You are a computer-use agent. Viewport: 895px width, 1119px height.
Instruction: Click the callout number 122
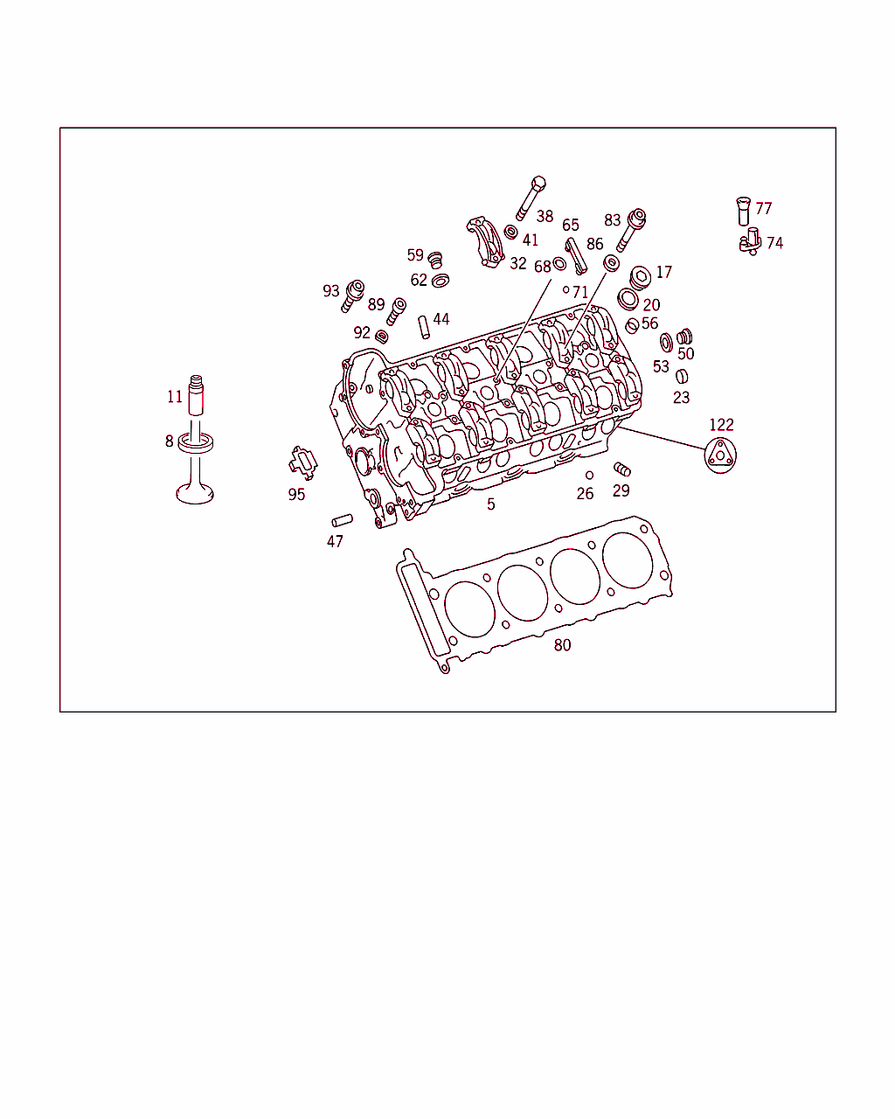point(721,425)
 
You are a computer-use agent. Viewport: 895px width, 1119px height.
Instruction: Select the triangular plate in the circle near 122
point(720,455)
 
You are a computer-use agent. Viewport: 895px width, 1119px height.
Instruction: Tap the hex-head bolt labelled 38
point(531,198)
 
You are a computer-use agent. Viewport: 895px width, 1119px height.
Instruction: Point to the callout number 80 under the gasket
point(562,645)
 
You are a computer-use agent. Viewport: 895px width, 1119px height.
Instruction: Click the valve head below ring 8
point(195,493)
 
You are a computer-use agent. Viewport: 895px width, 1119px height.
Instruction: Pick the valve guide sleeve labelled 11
point(196,395)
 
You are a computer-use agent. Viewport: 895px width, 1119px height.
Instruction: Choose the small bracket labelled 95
point(303,462)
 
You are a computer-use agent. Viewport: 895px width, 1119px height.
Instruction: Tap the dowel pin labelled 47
point(343,520)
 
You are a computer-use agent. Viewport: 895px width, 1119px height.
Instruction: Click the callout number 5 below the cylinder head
point(491,504)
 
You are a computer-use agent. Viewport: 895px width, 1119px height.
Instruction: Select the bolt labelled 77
point(744,211)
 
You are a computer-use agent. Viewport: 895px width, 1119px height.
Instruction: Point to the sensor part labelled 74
point(751,242)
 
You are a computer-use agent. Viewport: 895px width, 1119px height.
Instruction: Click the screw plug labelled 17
point(640,278)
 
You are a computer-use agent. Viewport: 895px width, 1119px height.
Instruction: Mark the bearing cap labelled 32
point(485,242)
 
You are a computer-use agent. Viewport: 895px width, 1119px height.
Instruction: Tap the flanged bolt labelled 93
point(352,296)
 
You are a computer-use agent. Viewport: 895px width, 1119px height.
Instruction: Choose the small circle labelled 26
point(589,476)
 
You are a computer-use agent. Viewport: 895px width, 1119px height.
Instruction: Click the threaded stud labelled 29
point(622,469)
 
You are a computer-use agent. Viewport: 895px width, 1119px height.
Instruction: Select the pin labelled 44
point(425,327)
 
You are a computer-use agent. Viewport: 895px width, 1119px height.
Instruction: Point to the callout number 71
point(580,292)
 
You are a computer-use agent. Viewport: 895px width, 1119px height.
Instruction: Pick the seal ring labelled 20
point(628,300)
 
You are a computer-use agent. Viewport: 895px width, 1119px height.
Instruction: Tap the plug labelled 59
point(435,261)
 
